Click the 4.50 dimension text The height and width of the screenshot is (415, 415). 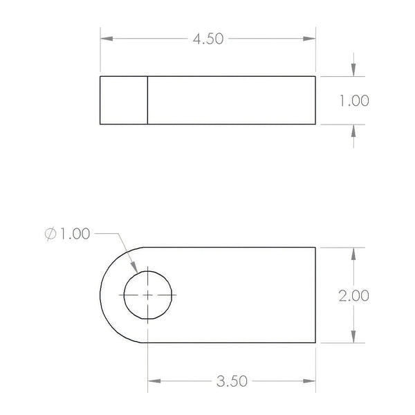click(x=208, y=39)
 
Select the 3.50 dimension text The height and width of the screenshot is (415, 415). click(x=232, y=381)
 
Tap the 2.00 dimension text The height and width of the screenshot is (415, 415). click(x=354, y=295)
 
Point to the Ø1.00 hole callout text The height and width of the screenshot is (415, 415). click(x=68, y=234)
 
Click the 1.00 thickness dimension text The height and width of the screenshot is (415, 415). click(x=354, y=100)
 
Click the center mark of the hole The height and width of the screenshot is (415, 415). click(x=148, y=295)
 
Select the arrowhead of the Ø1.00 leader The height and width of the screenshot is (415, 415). click(x=134, y=267)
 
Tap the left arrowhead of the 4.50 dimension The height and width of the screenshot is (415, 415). click(x=107, y=39)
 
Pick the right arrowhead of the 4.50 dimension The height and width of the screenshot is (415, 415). click(x=309, y=39)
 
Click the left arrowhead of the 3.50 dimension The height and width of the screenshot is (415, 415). click(x=154, y=381)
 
